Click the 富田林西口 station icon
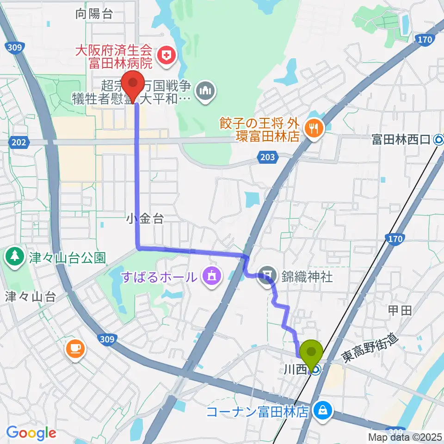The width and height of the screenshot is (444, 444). [x=438, y=139]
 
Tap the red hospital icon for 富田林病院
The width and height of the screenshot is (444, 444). [x=164, y=56]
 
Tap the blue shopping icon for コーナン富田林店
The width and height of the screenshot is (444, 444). [x=321, y=409]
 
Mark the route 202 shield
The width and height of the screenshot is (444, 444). [x=19, y=143]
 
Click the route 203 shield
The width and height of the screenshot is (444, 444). [x=267, y=157]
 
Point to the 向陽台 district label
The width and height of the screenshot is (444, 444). [x=94, y=14]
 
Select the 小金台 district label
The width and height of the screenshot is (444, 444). [x=145, y=219]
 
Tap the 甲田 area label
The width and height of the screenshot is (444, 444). [x=400, y=310]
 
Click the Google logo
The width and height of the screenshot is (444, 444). [x=31, y=433]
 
